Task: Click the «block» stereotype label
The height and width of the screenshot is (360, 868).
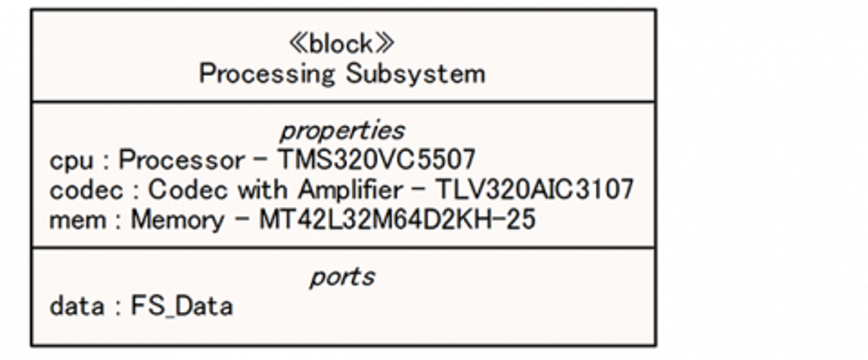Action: coord(342,43)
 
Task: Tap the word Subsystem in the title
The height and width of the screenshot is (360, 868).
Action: coord(415,74)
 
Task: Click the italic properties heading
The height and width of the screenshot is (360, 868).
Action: coord(342,130)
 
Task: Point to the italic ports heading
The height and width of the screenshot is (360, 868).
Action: coord(342,277)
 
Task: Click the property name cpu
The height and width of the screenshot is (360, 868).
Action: coord(71,160)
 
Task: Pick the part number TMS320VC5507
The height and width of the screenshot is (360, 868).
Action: coord(376,160)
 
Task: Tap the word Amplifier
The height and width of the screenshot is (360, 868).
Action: coord(350,190)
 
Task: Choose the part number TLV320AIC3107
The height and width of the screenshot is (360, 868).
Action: coord(535,190)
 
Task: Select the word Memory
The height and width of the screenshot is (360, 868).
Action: coord(177,219)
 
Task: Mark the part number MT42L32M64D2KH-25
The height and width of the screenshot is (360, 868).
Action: coord(397,219)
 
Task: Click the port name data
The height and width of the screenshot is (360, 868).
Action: coord(77,306)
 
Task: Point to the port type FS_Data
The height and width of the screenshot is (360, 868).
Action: coord(182,306)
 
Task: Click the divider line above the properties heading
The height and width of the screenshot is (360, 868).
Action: coord(344,102)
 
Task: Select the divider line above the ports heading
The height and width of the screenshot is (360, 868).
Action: coord(344,247)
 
